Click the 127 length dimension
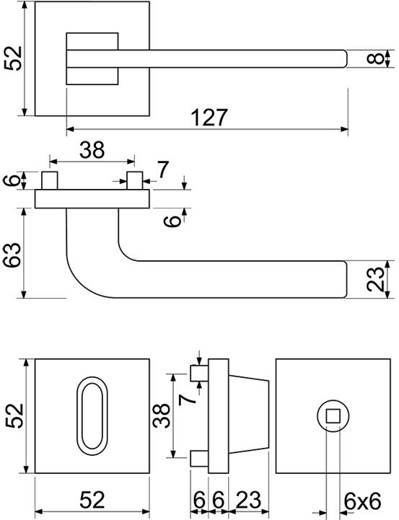pos(210,117)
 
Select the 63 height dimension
pos(12,255)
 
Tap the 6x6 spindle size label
pos(362,501)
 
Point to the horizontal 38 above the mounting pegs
pos(92,149)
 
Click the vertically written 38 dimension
pos(161,415)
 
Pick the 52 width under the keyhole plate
pos(92,500)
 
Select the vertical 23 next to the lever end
pos(375,279)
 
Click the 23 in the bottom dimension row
pos(248,500)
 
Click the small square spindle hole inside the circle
pos(333,416)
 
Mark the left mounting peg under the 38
pos(49,180)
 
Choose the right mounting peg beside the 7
pos(135,180)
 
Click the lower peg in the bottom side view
pos(199,458)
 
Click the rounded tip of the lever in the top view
pos(346,58)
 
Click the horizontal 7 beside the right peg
pos(162,169)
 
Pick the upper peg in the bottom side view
pos(199,374)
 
